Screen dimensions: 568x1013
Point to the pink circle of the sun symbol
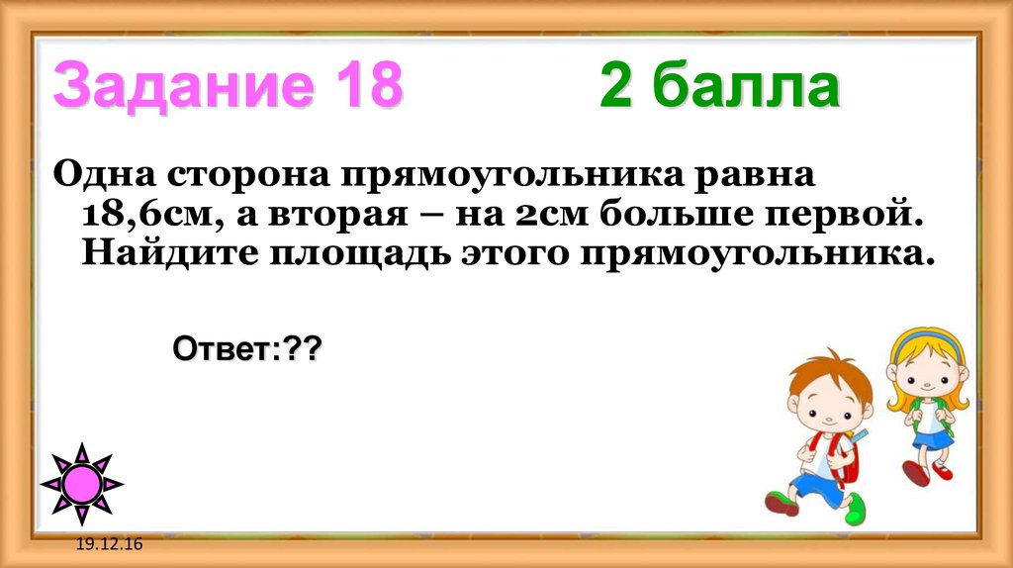tap(82, 484)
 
